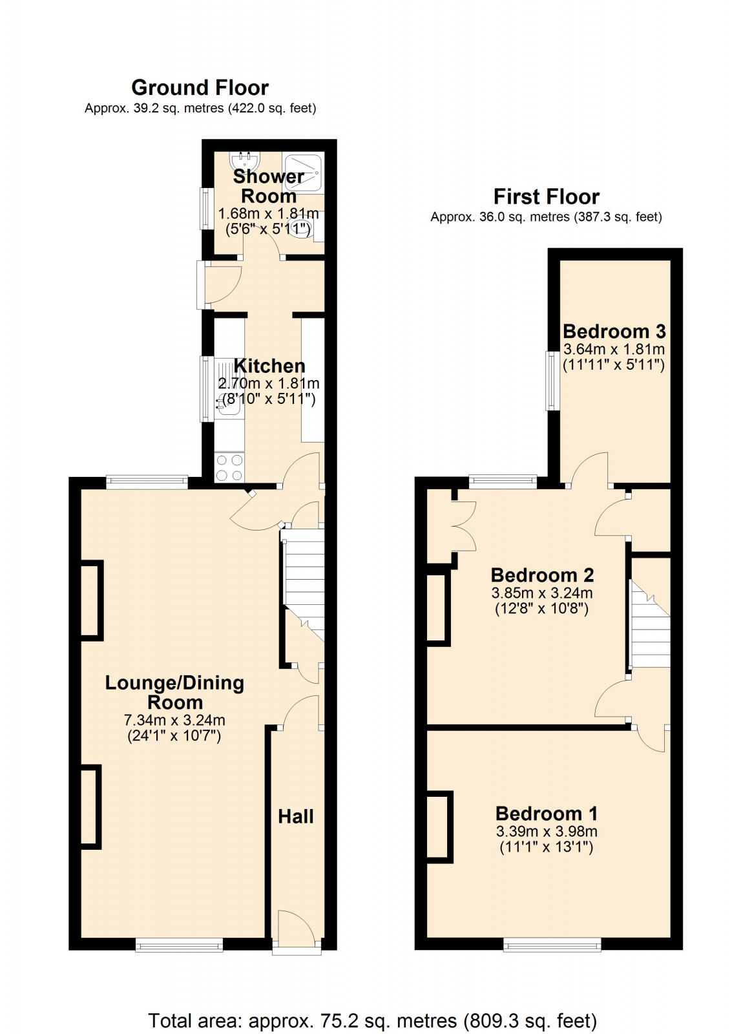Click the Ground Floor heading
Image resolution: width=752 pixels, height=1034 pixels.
[200, 87]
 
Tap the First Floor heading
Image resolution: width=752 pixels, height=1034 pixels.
[546, 196]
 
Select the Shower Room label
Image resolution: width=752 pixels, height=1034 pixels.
[268, 185]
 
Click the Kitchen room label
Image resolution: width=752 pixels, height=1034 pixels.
[269, 366]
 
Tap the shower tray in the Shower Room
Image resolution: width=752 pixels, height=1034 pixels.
[303, 171]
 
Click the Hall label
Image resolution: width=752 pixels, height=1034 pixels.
[296, 816]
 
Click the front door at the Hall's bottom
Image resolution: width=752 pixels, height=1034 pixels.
[297, 931]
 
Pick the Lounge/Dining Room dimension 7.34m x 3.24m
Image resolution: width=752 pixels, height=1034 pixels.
[174, 720]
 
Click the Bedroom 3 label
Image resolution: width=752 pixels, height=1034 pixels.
[614, 332]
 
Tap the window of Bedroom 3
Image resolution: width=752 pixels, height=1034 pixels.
[552, 381]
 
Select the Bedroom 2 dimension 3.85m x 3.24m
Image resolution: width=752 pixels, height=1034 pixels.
[542, 593]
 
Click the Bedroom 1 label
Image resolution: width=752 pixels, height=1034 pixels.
[547, 813]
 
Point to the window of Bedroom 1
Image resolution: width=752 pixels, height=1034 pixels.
[552, 945]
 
